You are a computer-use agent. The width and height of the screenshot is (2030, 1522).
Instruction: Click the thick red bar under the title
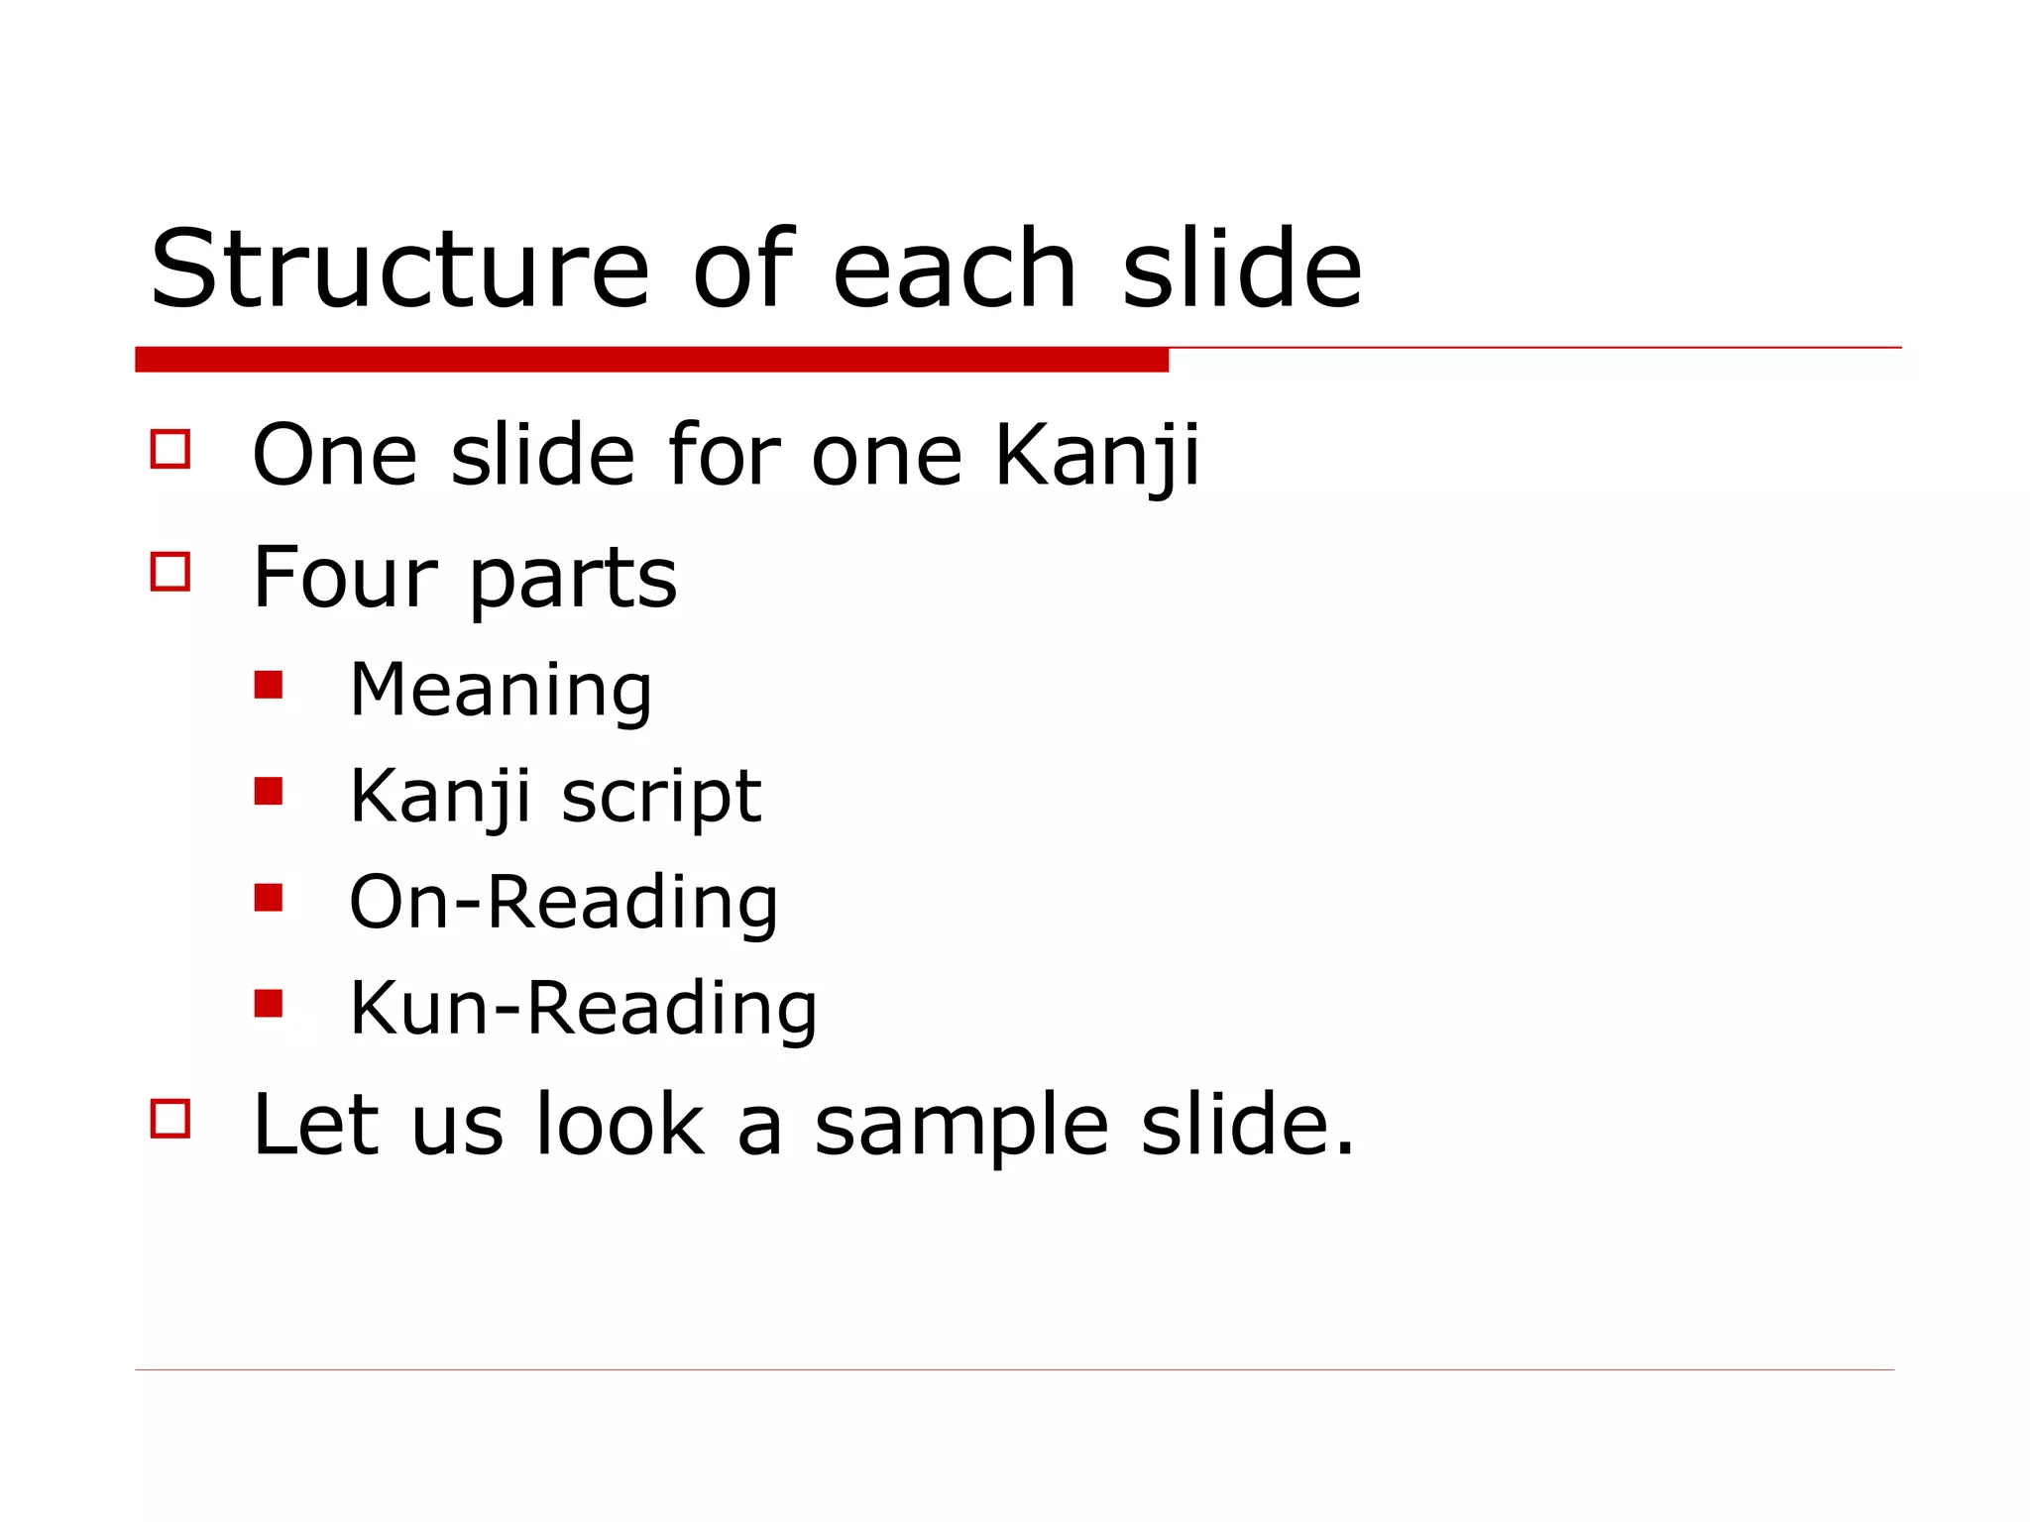(651, 360)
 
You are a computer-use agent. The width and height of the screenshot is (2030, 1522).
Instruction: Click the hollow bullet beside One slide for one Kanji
(170, 448)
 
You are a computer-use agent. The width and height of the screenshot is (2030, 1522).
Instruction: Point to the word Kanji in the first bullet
(1096, 456)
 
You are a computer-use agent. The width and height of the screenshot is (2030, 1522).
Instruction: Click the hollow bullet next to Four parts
(170, 571)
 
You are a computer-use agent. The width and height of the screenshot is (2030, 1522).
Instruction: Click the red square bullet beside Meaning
(269, 685)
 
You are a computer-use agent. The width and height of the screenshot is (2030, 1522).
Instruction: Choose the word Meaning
(501, 691)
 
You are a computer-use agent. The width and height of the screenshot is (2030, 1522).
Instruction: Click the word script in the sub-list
(661, 797)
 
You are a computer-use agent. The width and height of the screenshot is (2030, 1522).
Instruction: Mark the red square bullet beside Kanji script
(269, 791)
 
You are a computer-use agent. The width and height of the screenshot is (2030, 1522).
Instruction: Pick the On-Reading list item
(563, 903)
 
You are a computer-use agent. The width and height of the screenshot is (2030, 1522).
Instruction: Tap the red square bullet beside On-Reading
(269, 897)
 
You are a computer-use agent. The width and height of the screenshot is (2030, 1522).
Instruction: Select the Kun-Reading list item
(583, 1009)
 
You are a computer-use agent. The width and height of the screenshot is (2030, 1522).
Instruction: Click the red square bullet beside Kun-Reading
(269, 1003)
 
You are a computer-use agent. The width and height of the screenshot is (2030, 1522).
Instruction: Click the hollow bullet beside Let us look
(170, 1118)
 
